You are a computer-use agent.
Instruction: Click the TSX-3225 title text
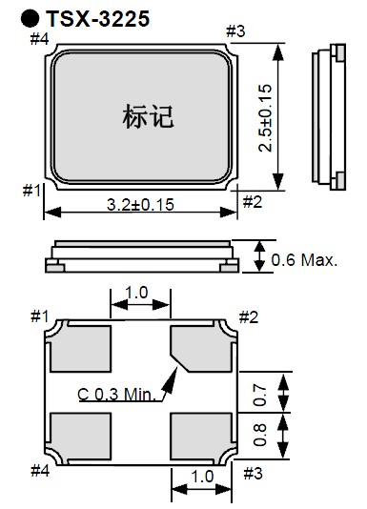coord(98,18)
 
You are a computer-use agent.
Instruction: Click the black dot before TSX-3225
coord(30,18)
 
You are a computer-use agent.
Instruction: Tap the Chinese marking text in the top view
coord(148,116)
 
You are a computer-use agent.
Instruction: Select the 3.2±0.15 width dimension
coord(140,205)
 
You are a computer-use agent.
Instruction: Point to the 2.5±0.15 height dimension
coord(265,118)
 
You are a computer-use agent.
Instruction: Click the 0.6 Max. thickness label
coord(304,260)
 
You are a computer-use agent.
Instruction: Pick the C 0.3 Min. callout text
coord(117,395)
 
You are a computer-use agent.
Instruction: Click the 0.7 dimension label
coord(260,395)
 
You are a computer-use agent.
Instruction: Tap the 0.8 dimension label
coord(260,435)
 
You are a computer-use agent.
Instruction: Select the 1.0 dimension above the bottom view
coord(136,293)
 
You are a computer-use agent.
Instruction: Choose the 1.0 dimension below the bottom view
coord(202,477)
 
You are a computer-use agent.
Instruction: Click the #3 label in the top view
coord(235,31)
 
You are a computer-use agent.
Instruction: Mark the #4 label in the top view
coord(39,39)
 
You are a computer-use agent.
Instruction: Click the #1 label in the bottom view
coord(39,316)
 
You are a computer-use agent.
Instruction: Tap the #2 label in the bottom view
coord(249,316)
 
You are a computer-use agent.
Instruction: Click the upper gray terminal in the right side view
coord(340,53)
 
